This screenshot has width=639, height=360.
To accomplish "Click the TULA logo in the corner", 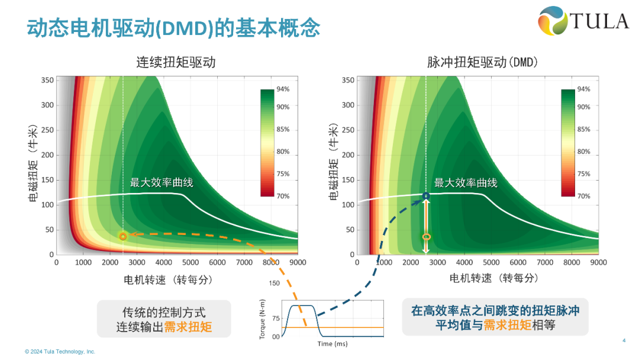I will coord(583,21).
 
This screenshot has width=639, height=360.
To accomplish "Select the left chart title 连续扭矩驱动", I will coord(176,62).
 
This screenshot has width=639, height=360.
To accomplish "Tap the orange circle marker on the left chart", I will coord(123,236).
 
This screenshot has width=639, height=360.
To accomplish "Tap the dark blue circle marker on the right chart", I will coord(426,195).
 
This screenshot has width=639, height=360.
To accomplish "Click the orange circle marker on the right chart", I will coord(426,237).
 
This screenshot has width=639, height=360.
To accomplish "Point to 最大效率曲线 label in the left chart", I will coord(162,182).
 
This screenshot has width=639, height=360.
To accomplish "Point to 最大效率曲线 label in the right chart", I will coord(466,182).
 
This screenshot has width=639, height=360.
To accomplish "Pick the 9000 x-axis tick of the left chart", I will coord(297,262).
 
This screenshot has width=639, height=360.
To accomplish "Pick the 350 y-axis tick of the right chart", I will coord(347,80).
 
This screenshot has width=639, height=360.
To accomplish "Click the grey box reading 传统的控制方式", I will coord(164,319).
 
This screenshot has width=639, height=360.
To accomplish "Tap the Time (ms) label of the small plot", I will coord(333,344).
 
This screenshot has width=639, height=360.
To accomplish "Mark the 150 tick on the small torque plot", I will coord(274,284).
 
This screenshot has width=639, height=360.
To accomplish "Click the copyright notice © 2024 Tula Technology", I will coord(60,352).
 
